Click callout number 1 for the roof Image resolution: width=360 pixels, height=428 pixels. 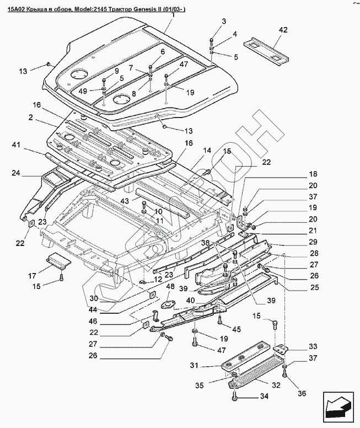tap(173, 16)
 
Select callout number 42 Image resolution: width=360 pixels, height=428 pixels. tap(283, 30)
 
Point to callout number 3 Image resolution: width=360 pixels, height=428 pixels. tap(224, 22)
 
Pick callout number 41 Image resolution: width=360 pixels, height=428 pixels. tap(16, 145)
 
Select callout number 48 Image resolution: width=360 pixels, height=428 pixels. tap(169, 287)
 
